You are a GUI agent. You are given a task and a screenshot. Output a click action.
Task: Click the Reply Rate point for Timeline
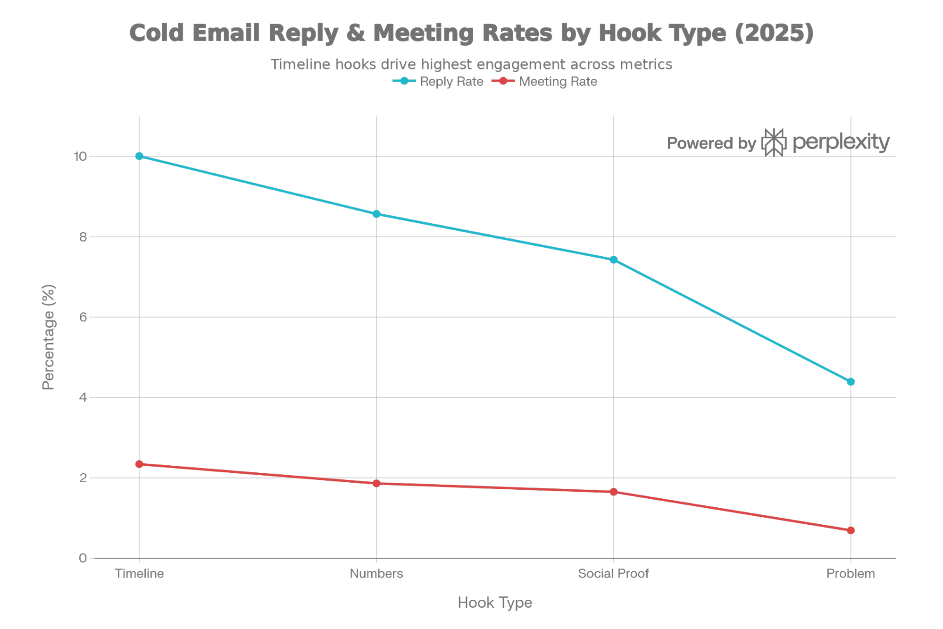(x=139, y=156)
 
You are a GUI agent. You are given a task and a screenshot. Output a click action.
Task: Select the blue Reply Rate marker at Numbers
(x=376, y=214)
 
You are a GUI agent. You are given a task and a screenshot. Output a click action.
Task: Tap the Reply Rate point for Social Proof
(x=613, y=260)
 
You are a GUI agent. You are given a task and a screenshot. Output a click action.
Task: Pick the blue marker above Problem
(x=851, y=382)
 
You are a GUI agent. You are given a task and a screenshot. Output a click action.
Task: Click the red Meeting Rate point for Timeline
(x=139, y=464)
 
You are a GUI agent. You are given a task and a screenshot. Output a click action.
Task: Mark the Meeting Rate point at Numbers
(x=376, y=483)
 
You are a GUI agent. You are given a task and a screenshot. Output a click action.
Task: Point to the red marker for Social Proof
(x=613, y=492)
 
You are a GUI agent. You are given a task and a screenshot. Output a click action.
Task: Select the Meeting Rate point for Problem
(x=851, y=530)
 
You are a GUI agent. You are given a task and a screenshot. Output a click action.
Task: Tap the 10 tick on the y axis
(x=81, y=157)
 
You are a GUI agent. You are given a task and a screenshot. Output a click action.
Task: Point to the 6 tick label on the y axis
(x=83, y=317)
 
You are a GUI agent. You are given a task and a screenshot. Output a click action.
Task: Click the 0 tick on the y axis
(x=83, y=558)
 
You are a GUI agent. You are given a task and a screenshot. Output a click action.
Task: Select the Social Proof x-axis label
(x=613, y=574)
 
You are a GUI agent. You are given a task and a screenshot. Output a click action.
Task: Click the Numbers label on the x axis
(x=376, y=574)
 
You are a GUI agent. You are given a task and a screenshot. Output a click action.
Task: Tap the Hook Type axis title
(x=494, y=603)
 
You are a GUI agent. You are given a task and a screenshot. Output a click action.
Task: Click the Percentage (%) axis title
(x=49, y=337)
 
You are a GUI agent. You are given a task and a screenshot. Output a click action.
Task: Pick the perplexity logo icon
(x=774, y=142)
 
